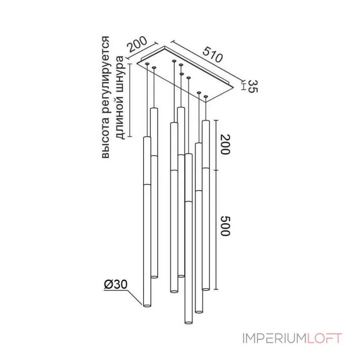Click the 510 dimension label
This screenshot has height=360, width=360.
pos(212,54)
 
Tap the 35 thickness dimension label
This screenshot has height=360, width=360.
pos(253,86)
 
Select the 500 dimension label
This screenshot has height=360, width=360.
pos(225,226)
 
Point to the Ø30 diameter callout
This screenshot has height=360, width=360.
pos(116,285)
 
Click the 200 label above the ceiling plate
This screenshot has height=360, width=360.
pos(137,44)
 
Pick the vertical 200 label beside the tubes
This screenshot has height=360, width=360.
pos(225,144)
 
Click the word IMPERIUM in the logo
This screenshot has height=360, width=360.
pos(274,338)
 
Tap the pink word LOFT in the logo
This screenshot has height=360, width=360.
pos(324,338)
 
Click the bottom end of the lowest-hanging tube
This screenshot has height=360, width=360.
pos(189,323)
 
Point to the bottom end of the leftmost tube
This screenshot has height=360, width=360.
pos(147,306)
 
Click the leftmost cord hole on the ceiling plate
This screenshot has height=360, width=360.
pos(147,63)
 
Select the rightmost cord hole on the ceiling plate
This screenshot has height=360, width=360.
pos(206,96)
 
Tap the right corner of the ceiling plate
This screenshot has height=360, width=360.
pos(234,87)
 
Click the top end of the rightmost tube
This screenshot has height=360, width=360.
pos(206,121)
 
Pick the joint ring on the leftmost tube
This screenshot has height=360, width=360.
pos(147,184)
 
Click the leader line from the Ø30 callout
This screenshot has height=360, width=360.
pos(134,297)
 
